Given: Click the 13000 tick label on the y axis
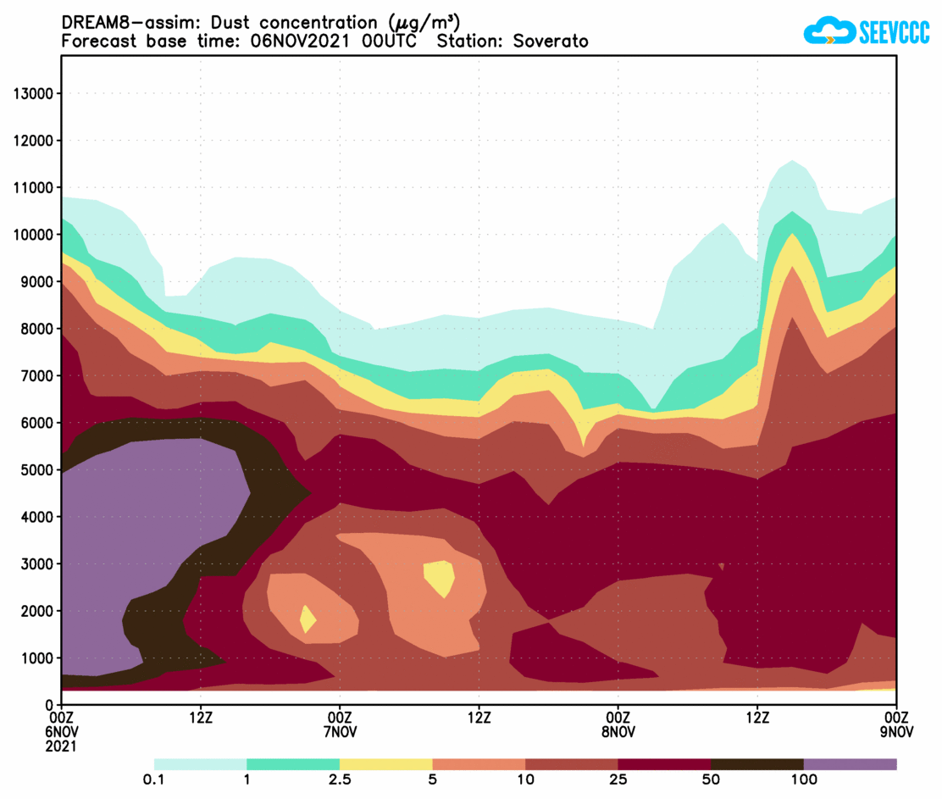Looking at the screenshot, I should tap(33, 93).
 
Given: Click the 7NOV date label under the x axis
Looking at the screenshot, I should tap(340, 732).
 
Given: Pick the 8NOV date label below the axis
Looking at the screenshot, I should tap(618, 732).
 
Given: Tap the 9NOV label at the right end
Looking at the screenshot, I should tap(896, 732).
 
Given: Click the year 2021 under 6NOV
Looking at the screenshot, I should tap(62, 746).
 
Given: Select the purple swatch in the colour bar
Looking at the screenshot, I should tap(850, 764).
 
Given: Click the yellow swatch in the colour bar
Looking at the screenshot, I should tap(386, 764).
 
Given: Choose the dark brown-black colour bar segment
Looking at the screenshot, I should tap(756, 764).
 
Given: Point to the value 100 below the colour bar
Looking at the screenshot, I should tap(803, 780).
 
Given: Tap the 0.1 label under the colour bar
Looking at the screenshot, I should tap(154, 780).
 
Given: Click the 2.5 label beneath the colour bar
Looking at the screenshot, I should tap(340, 780).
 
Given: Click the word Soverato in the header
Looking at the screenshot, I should tap(550, 42).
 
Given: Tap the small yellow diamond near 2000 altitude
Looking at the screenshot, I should tap(308, 619).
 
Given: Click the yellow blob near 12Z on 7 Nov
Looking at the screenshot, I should tap(440, 578).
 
